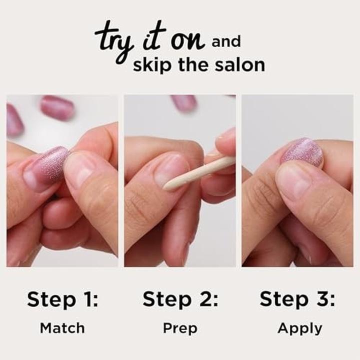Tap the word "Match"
tap(62, 328)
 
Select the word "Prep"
tap(180, 328)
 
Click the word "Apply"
tap(299, 329)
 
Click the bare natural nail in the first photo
tap(79, 170)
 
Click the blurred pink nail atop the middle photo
tap(184, 102)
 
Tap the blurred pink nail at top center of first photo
tap(57, 107)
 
